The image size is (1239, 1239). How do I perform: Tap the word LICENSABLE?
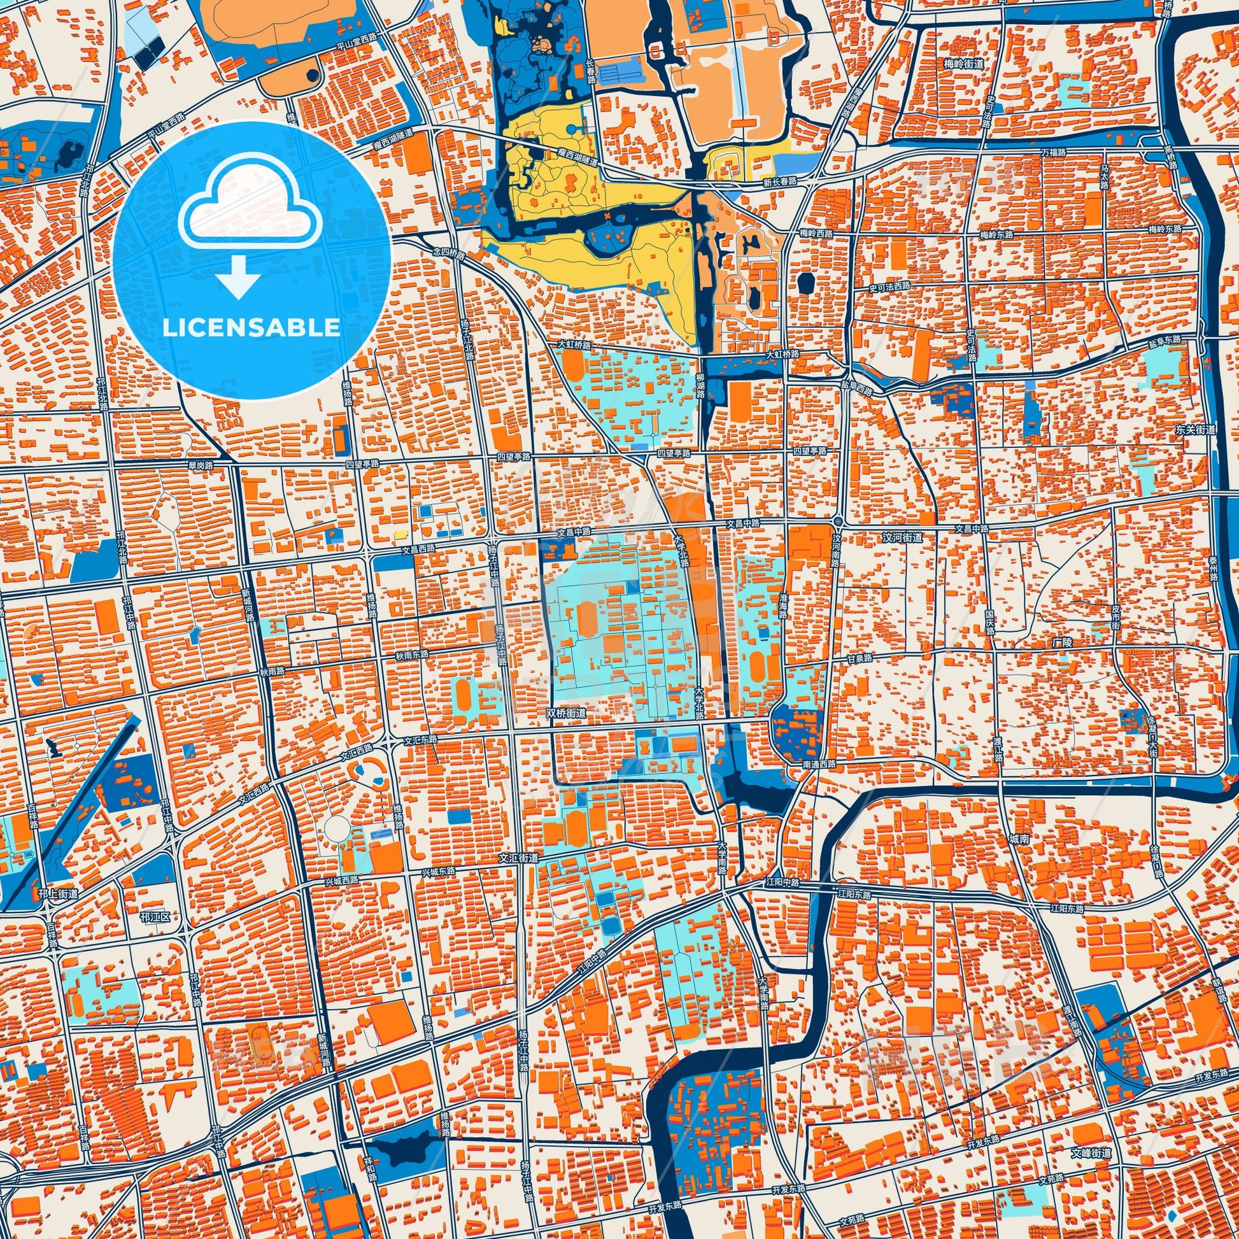point(251,328)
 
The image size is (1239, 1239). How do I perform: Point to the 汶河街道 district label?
point(902,537)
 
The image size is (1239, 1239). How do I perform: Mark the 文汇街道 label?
point(519,858)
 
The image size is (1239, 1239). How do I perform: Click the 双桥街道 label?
point(565,712)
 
